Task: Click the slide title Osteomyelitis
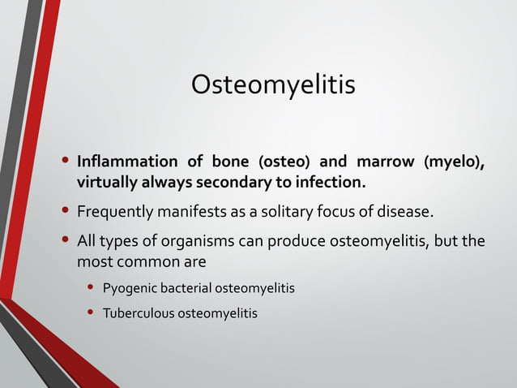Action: pos(273,84)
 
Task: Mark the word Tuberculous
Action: pos(138,313)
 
